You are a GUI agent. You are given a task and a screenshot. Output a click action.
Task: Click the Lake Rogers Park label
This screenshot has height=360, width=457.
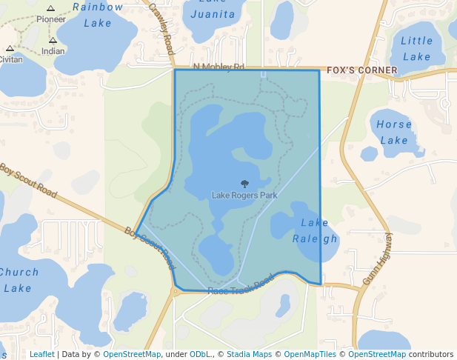point(244,196)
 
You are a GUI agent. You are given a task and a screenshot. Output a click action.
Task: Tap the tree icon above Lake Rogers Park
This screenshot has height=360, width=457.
point(245,184)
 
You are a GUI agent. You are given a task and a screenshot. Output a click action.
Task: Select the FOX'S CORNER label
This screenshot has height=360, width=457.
point(362,70)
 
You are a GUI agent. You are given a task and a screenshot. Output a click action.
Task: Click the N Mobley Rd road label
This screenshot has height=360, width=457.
point(218,67)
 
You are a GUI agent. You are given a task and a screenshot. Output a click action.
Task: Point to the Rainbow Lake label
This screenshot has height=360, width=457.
point(98,15)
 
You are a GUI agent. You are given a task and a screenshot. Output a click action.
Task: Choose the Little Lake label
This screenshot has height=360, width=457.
point(416,49)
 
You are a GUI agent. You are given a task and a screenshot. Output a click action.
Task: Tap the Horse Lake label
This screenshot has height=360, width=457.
point(393,132)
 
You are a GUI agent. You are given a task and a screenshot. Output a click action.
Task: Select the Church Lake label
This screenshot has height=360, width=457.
point(18,280)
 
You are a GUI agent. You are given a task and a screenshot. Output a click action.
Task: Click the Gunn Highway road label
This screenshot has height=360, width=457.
point(377,260)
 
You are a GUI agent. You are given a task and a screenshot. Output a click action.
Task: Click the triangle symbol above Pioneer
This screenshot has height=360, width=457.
point(51,8)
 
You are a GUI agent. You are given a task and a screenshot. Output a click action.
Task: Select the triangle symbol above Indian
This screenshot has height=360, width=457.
point(53,41)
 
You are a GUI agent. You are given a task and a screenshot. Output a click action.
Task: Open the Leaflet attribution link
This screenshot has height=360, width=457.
point(41,354)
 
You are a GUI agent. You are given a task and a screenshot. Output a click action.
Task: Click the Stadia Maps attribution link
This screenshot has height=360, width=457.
point(249,354)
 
